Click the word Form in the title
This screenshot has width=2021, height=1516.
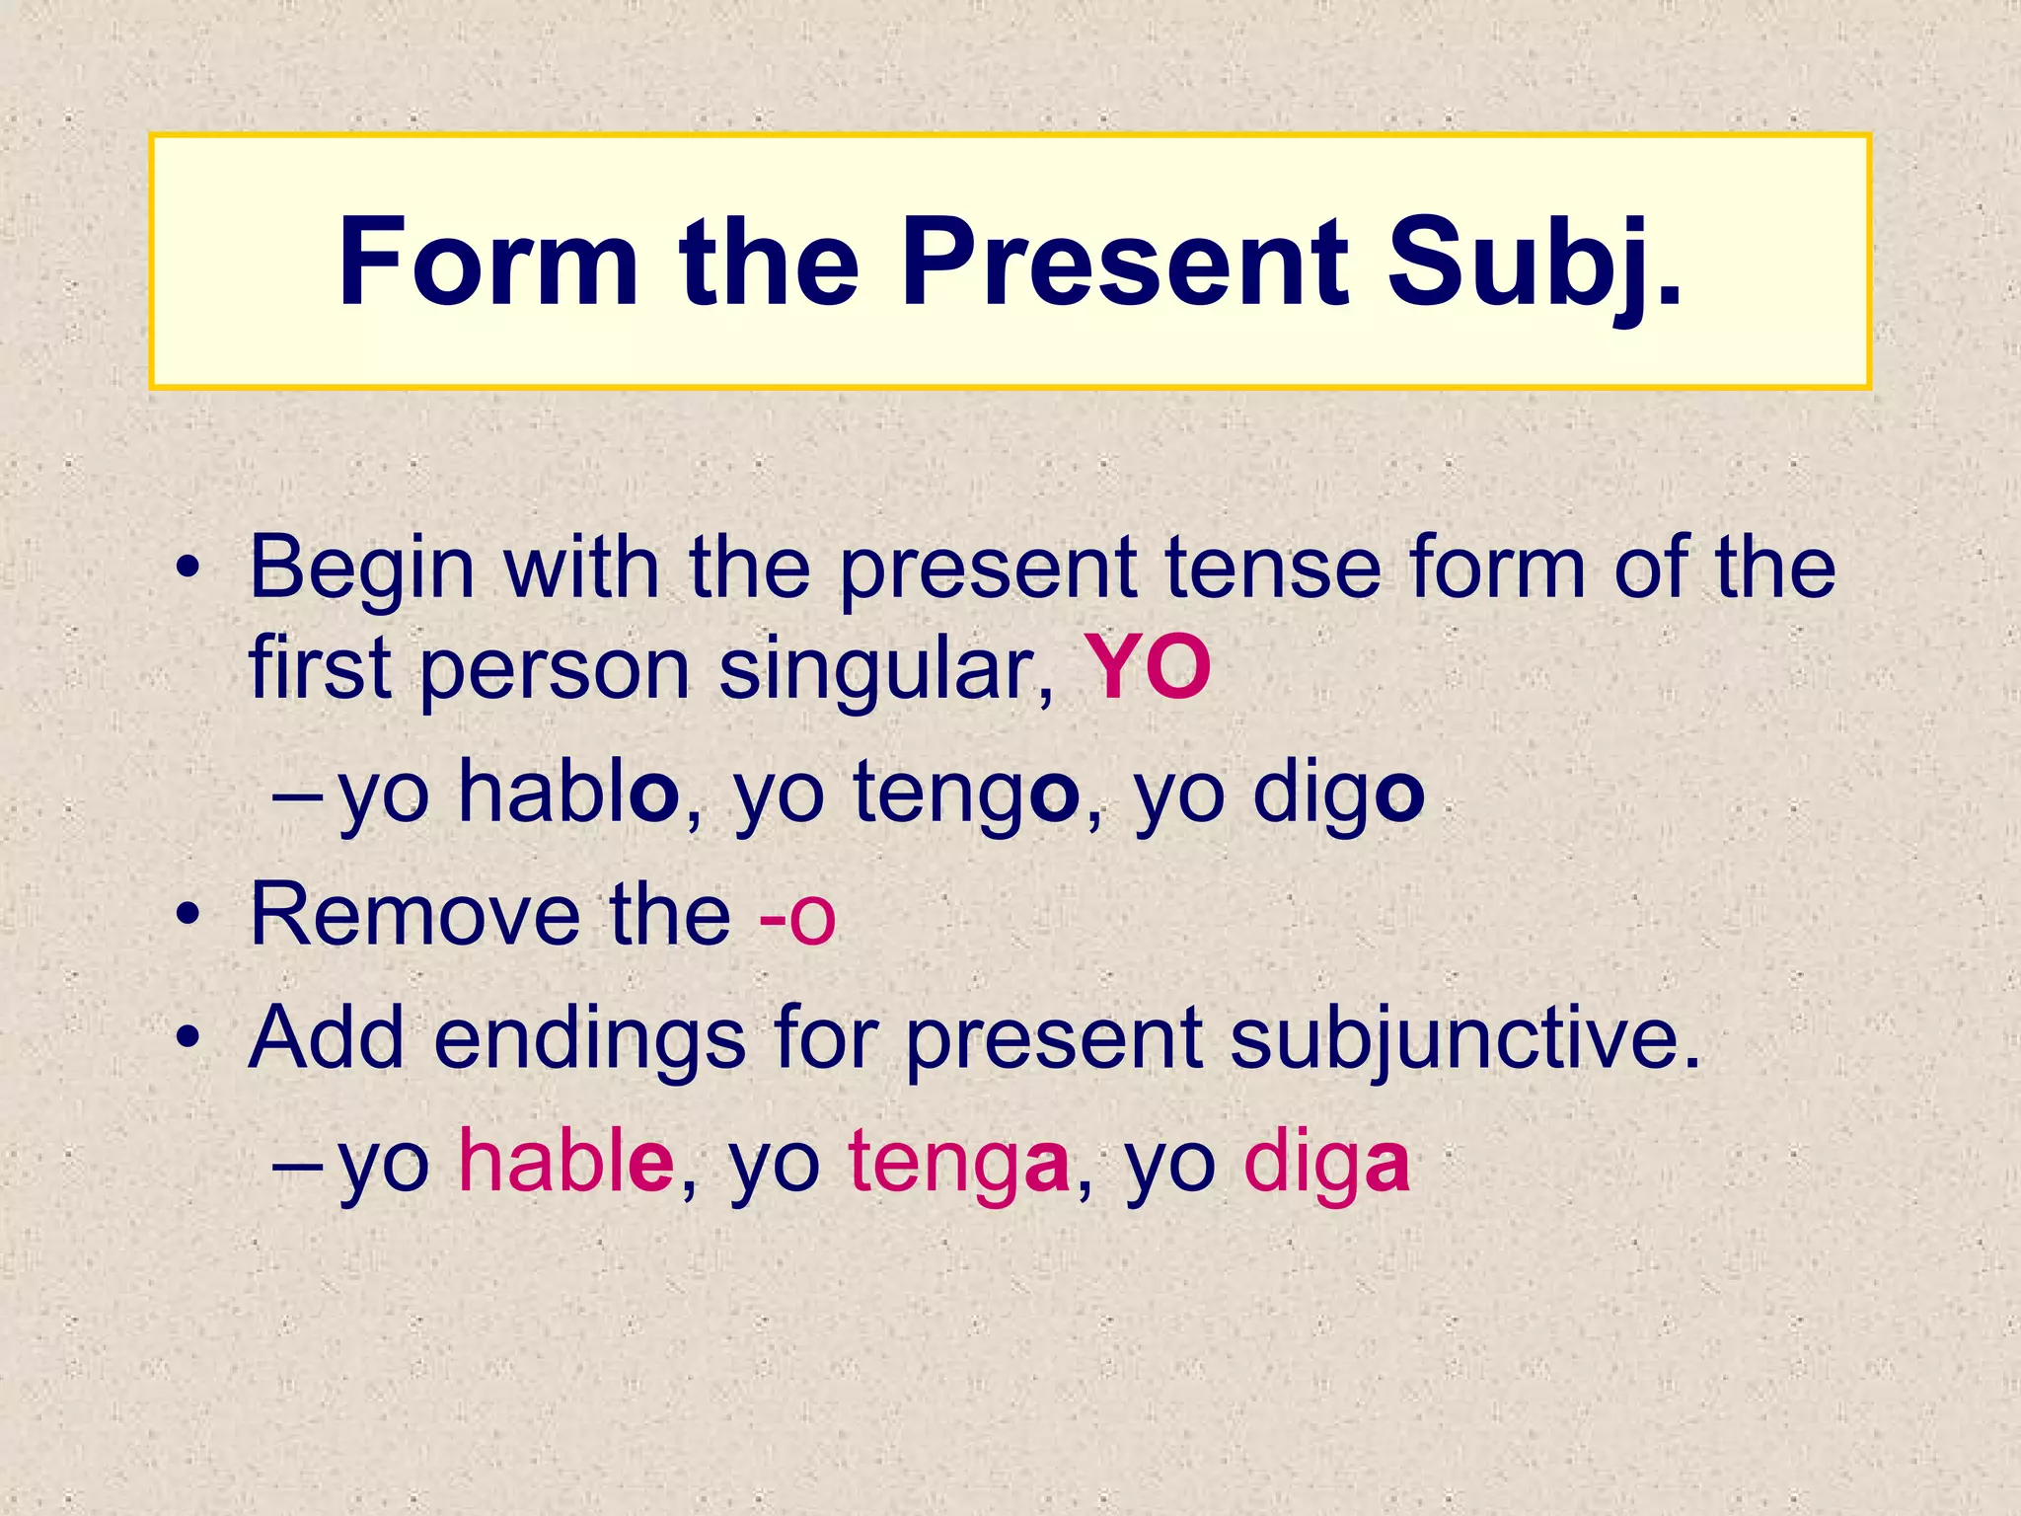pyautogui.click(x=488, y=263)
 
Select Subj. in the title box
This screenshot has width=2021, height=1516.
pyautogui.click(x=1534, y=263)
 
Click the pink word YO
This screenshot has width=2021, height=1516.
pyautogui.click(x=1148, y=669)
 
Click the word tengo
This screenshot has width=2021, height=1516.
pyautogui.click(x=967, y=795)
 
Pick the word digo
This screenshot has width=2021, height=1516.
pyautogui.click(x=1339, y=795)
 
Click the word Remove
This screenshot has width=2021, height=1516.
pyautogui.click(x=415, y=915)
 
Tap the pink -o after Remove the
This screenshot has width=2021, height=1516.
pyautogui.click(x=797, y=917)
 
